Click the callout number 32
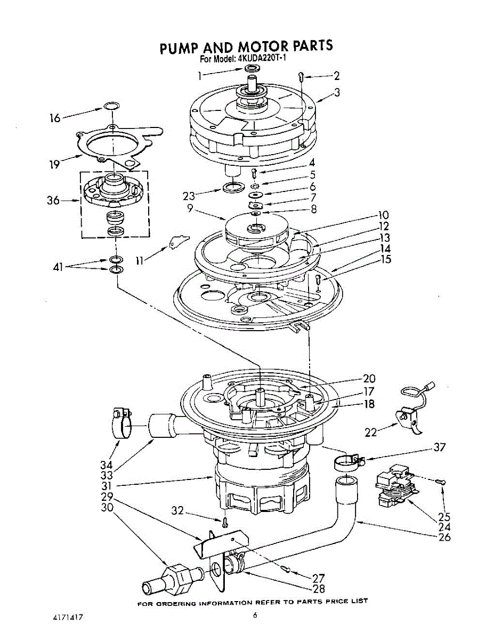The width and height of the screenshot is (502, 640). coord(177,511)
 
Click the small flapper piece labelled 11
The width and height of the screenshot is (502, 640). coord(179,241)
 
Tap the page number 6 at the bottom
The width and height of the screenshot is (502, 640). coord(255,615)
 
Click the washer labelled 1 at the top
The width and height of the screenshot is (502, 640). coord(252,69)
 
